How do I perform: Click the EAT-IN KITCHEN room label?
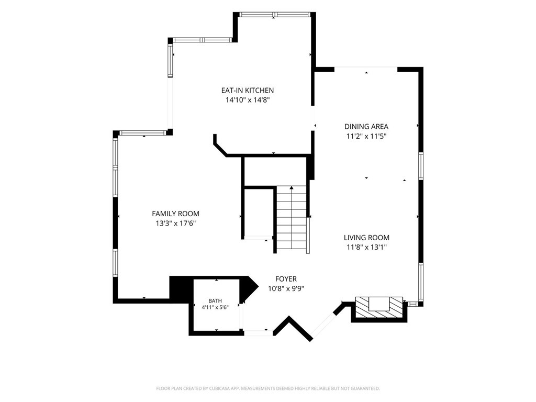[x=248, y=90]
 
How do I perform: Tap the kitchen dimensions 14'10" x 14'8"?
[x=248, y=100]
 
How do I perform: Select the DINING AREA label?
[x=366, y=127]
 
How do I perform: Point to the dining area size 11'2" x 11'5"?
[x=366, y=137]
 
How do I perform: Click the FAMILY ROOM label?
[x=176, y=214]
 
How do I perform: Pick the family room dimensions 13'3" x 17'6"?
[x=176, y=224]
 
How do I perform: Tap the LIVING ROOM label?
[x=366, y=238]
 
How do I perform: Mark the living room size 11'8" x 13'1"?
[x=366, y=247]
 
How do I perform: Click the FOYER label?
[x=286, y=279]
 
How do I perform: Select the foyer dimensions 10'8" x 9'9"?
[x=286, y=289]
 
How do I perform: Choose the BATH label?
[x=215, y=301]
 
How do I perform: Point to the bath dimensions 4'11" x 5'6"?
[x=215, y=307]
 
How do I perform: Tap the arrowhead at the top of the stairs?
[x=292, y=188]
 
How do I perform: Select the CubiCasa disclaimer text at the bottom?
[x=268, y=388]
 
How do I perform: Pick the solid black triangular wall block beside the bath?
[x=249, y=289]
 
